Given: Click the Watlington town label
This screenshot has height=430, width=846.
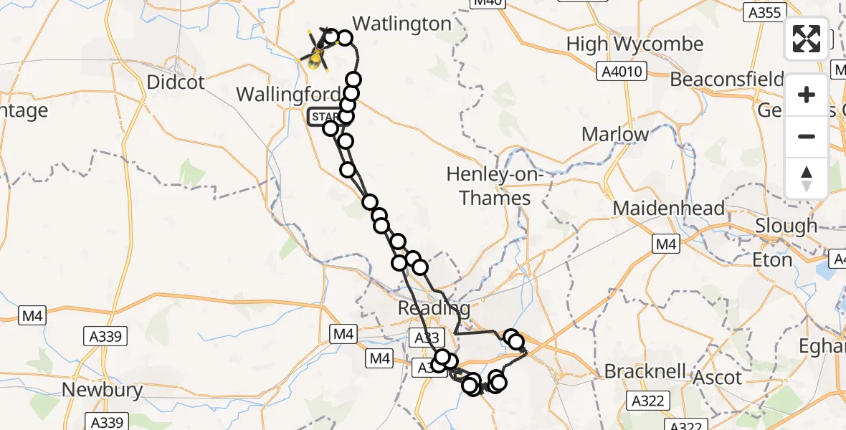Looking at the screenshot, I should [402, 24].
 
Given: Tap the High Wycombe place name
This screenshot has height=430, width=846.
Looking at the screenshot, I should [634, 44].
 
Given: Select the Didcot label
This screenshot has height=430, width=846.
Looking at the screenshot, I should [175, 82].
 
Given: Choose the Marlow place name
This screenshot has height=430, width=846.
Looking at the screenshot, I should [615, 134].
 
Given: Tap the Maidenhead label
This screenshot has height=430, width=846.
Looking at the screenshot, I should [669, 209].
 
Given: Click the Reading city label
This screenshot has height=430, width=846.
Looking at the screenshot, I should [435, 309].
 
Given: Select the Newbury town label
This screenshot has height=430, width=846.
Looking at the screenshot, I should [102, 391].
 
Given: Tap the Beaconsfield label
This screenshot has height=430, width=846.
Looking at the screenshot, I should [726, 79].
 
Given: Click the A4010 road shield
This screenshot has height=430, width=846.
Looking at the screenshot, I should [622, 71].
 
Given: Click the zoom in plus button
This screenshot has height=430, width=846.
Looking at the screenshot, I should [807, 95].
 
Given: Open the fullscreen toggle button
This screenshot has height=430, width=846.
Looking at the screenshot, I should [807, 39].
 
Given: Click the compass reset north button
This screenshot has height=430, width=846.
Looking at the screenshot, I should [807, 178].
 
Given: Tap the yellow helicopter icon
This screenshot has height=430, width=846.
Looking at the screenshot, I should [315, 52].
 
